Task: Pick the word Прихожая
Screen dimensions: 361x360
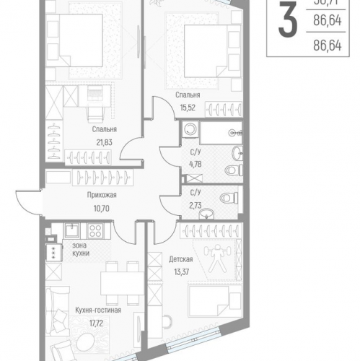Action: [101, 195]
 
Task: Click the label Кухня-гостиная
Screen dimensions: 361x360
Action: [97, 310]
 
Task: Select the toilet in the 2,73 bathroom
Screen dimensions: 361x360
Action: [227, 195]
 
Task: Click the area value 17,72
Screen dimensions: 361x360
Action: [97, 323]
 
